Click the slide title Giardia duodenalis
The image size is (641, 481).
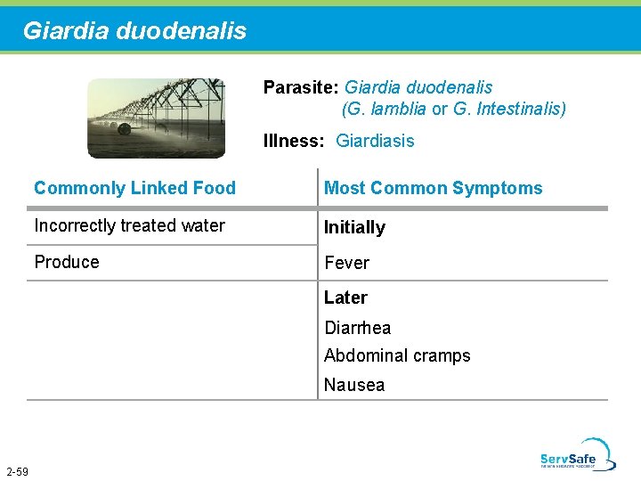click(x=134, y=31)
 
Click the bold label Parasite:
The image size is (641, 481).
click(x=300, y=88)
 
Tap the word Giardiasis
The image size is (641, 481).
click(x=375, y=141)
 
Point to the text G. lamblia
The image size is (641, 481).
click(x=385, y=110)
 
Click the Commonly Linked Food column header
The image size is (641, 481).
click(x=134, y=188)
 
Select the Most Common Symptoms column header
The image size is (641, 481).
click(x=433, y=188)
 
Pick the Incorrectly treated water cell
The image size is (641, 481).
click(x=129, y=225)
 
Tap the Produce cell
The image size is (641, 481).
click(x=67, y=262)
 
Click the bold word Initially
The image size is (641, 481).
click(x=354, y=227)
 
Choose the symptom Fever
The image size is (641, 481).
click(x=346, y=263)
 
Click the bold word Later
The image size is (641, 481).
click(x=345, y=298)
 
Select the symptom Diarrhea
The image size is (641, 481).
click(x=357, y=328)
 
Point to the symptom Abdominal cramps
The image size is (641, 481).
click(x=397, y=355)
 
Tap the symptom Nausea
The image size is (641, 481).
click(x=354, y=385)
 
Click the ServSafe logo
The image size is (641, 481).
click(x=577, y=454)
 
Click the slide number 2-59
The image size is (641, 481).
click(x=17, y=471)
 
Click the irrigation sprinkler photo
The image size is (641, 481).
click(x=156, y=118)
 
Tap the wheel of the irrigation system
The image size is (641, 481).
click(x=124, y=129)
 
